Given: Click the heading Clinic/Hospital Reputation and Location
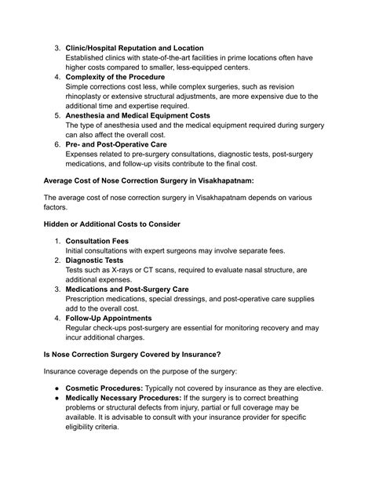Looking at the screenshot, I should tap(134, 49).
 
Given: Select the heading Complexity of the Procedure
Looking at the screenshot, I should tap(115, 78).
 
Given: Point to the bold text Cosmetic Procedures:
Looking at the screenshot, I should tap(111, 388).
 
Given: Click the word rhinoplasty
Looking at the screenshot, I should tap(87, 97).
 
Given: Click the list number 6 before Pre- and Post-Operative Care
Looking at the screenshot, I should tap(57, 144).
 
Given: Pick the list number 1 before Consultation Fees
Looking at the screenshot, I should tap(57, 240).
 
